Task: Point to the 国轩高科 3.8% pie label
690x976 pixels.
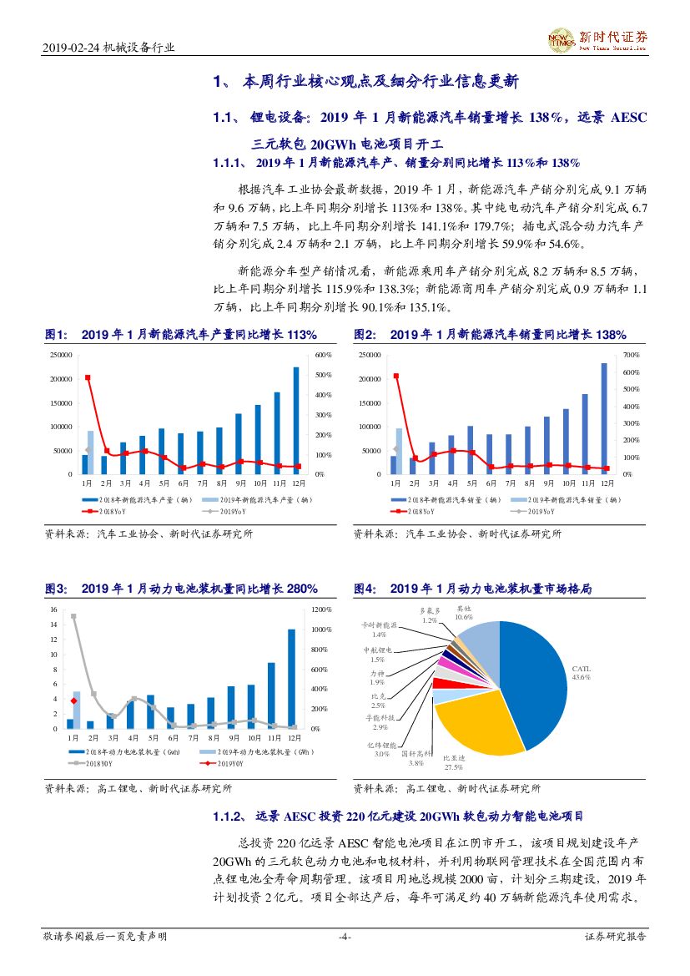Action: click(x=421, y=757)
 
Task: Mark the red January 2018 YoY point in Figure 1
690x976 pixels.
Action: click(x=88, y=377)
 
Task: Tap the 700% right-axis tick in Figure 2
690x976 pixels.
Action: click(x=632, y=355)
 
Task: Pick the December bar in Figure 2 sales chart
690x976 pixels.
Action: click(x=604, y=418)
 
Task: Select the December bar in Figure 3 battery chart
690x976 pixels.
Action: click(x=291, y=679)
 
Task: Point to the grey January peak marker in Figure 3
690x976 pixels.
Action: click(x=73, y=617)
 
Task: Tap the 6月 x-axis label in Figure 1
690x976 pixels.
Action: click(x=183, y=483)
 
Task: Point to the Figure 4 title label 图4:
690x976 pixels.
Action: click(x=365, y=589)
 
